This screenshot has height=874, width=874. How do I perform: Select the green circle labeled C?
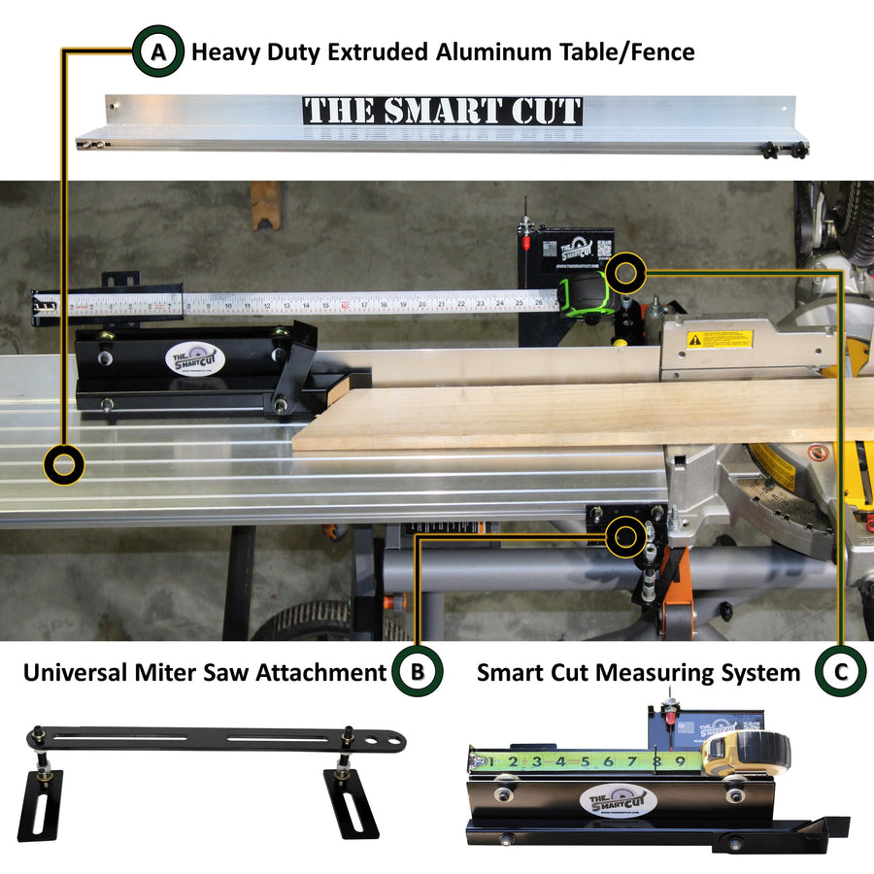click(841, 672)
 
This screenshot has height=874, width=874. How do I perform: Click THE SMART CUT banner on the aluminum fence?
click(442, 110)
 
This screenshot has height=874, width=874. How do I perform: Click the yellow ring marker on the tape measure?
click(626, 272)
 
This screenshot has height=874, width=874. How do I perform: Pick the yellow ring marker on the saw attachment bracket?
click(623, 535)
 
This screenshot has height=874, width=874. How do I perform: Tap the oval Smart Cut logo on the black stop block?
click(194, 358)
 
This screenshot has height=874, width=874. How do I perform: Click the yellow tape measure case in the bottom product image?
click(744, 755)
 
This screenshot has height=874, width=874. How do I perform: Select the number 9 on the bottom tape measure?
click(679, 762)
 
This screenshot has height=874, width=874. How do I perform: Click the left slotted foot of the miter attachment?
click(41, 804)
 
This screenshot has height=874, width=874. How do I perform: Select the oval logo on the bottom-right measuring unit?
click(618, 802)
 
